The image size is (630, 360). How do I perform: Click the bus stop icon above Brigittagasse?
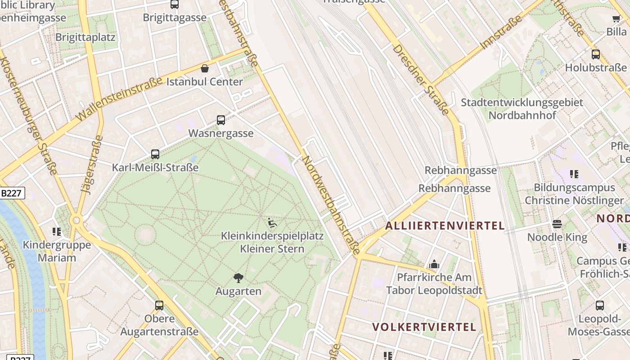[x=175, y=4]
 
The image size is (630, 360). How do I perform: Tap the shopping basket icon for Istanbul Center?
[x=205, y=68]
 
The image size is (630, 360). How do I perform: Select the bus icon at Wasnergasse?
[x=221, y=120]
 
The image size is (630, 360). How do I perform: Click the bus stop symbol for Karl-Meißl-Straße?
[x=155, y=154]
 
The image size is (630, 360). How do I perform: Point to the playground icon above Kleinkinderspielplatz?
[x=272, y=223]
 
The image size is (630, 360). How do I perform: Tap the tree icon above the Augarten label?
[x=238, y=278]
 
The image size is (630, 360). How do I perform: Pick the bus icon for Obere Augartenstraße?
[x=159, y=306]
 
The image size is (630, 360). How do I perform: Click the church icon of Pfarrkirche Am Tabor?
[x=434, y=264]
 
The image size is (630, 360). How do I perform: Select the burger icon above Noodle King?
[x=557, y=224]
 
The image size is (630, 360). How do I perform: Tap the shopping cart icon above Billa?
[x=616, y=19]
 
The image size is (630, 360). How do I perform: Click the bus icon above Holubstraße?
[x=596, y=54]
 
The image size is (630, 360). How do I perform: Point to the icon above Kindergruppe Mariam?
[x=57, y=232]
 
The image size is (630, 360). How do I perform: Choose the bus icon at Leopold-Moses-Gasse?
[x=600, y=306]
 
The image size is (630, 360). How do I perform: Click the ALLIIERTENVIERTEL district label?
[x=445, y=225]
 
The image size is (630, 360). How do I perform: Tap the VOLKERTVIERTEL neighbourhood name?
[x=424, y=327]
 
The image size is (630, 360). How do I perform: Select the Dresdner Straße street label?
[x=421, y=79]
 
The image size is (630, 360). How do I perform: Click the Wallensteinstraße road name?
[x=119, y=99]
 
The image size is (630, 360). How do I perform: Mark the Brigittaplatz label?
[x=85, y=37]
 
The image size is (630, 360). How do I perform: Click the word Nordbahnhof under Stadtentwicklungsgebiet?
[x=522, y=115]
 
